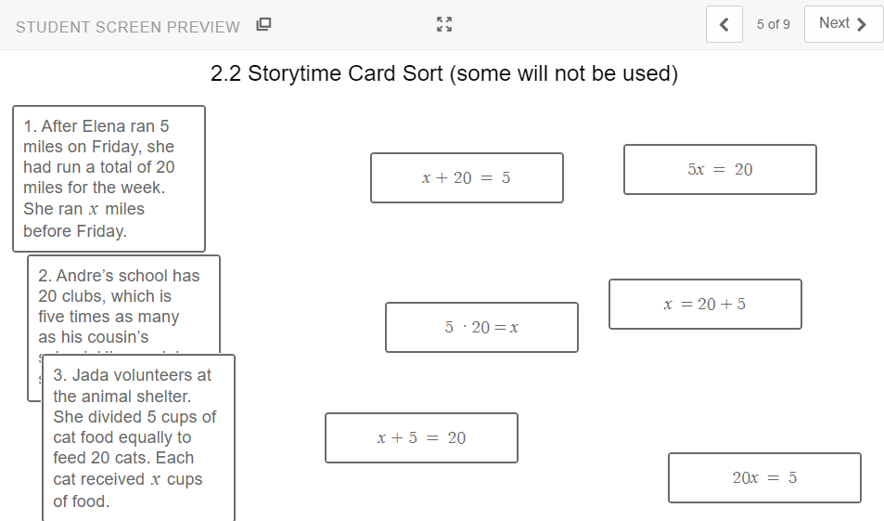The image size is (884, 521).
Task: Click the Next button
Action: pos(843,24)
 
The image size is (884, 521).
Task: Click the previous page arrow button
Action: pos(724,25)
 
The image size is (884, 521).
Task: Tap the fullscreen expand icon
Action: pos(444,25)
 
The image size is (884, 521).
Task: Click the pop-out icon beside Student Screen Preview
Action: pos(263,25)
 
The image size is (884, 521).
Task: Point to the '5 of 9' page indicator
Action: pos(773,25)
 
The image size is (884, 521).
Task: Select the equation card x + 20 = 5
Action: pos(467,177)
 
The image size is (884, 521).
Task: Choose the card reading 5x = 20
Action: pos(720,170)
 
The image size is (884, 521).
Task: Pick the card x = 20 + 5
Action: pos(705,305)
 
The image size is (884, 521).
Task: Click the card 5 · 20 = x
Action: pos(481,328)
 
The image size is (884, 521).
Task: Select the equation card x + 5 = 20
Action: pos(421,438)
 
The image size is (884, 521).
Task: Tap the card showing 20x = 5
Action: pos(764,478)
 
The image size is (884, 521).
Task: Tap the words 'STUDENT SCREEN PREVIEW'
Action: pos(128,27)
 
